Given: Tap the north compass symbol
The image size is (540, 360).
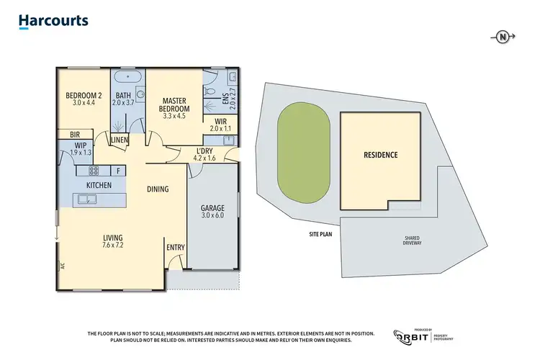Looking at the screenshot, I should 501,36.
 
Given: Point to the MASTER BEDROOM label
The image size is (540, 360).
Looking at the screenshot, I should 175,105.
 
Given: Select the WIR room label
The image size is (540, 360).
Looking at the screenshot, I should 220,121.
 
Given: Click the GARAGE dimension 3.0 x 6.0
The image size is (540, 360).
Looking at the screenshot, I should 212,217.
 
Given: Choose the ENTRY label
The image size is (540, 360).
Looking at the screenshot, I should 176,247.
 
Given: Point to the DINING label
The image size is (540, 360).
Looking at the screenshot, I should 157,189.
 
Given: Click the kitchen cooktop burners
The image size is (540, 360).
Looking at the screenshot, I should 93,171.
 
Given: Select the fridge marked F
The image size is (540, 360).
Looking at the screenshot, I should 117,171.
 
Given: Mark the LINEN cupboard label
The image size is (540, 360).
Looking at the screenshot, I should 119,140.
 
